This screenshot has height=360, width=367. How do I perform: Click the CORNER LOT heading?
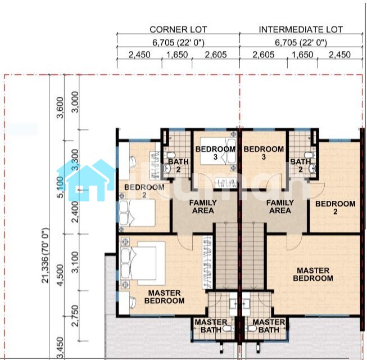pos(178,29)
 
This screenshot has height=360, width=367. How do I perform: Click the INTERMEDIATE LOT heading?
pos(301,29)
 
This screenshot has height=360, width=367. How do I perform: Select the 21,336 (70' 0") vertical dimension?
pos(45,255)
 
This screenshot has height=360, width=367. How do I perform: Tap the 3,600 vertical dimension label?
pos(60,108)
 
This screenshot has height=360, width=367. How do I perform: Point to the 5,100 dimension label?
pos(60,187)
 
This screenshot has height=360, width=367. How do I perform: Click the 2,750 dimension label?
pos(75,316)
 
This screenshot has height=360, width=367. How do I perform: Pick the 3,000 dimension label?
pos(75,102)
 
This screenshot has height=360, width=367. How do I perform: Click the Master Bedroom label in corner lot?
pos(164,297)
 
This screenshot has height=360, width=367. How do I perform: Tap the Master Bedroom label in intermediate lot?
pos(313,274)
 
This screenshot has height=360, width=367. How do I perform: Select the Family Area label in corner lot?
pos(203,206)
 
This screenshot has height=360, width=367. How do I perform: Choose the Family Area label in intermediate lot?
pos(280,206)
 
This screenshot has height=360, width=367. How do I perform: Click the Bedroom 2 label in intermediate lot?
pos(335,208)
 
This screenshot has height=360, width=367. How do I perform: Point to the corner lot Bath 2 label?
pos(178,165)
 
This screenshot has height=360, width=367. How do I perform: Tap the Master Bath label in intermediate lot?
pos(269,326)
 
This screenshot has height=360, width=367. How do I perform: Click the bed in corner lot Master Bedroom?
pos(142,263)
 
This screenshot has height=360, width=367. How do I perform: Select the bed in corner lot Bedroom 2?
pos(137,213)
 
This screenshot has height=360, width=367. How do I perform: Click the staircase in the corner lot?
pos(226,256)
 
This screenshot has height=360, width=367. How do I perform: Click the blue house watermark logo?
pos(86,180)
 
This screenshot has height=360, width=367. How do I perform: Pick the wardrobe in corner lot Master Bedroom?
pos(207,262)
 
